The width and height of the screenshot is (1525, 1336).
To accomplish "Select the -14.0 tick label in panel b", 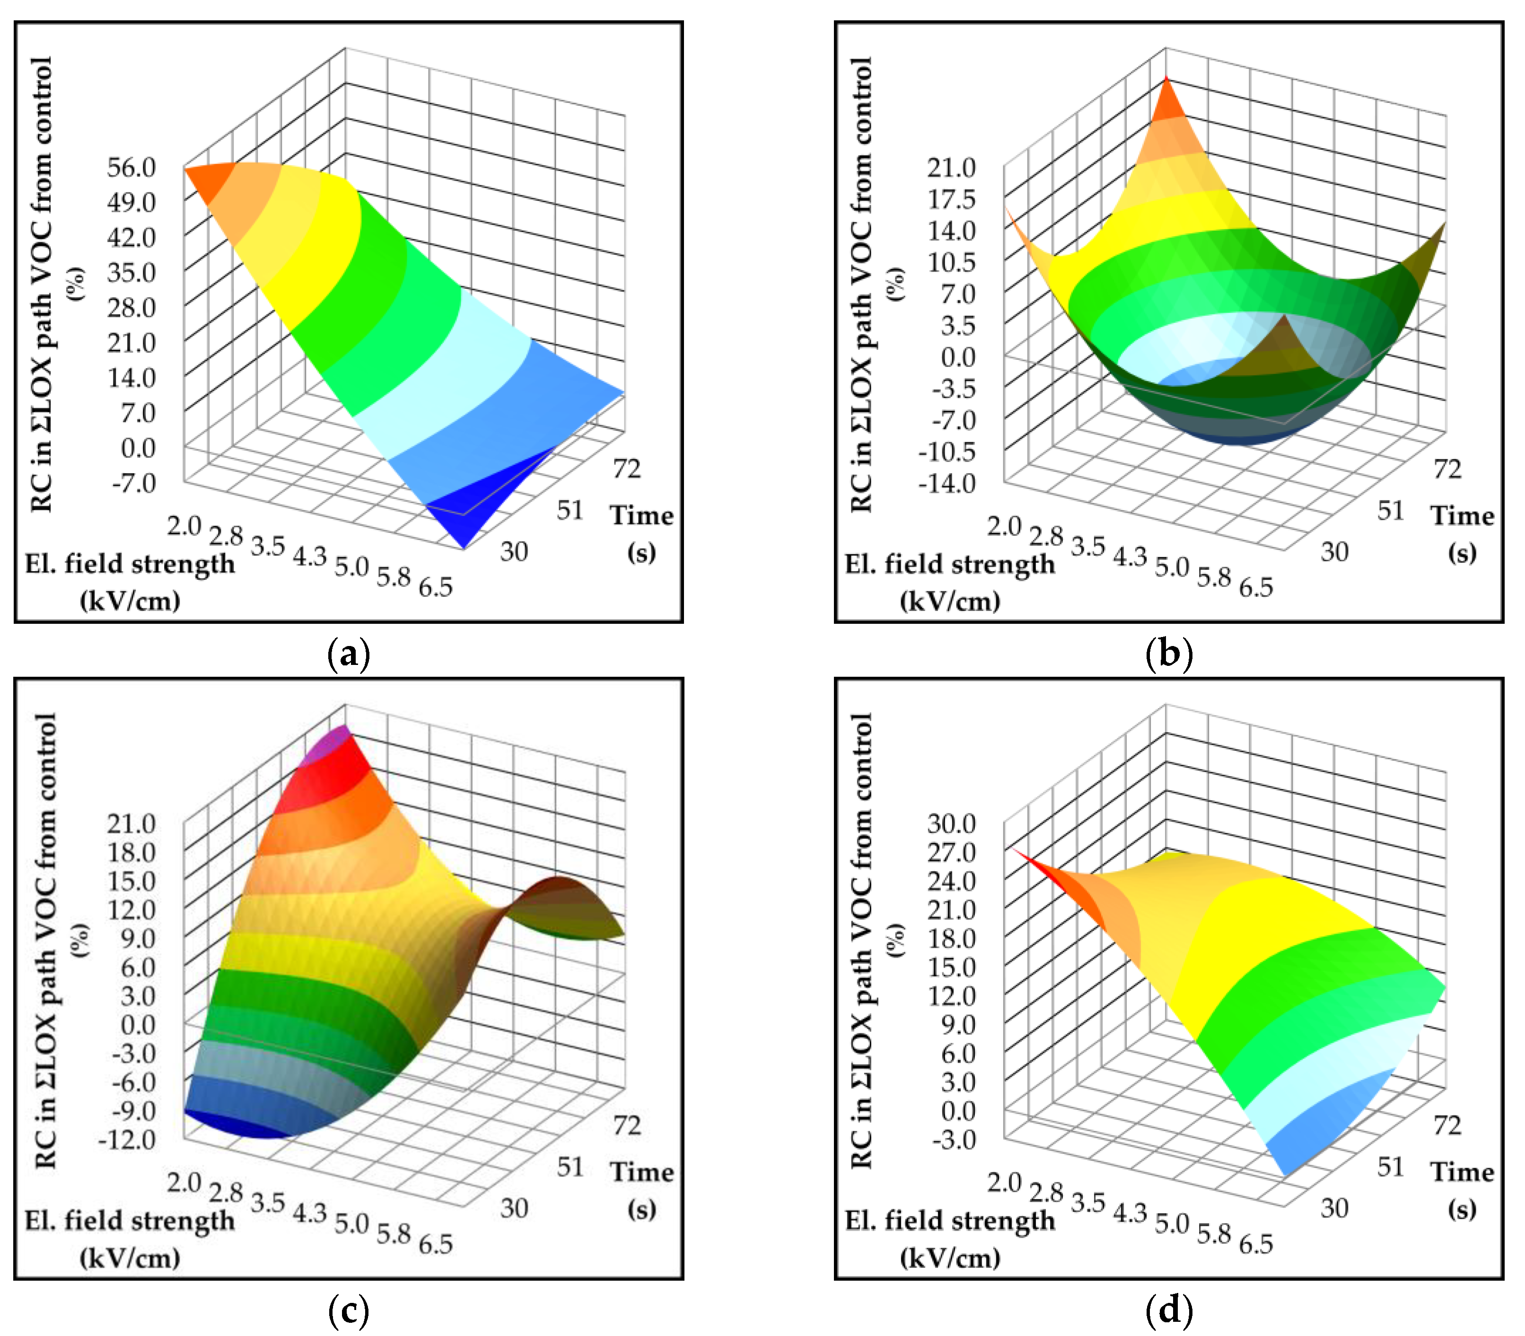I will coord(947,483).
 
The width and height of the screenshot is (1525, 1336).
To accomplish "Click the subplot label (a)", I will coord(348,654).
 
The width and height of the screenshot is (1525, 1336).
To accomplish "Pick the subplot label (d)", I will coord(1168,1310).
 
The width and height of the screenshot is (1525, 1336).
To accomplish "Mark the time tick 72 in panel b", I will coord(1447,469).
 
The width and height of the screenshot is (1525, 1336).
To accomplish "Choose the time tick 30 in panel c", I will coord(514,1208).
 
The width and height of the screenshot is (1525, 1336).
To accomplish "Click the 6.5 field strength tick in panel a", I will coord(436,587).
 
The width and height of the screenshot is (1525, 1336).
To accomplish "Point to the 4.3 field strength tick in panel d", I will coord(1130,1213).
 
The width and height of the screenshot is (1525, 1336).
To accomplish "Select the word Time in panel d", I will coord(1462,1172).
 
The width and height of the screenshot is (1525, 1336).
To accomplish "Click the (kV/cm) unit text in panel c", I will coord(131,1258).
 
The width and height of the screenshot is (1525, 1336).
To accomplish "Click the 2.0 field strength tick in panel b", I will coord(1004,526).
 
